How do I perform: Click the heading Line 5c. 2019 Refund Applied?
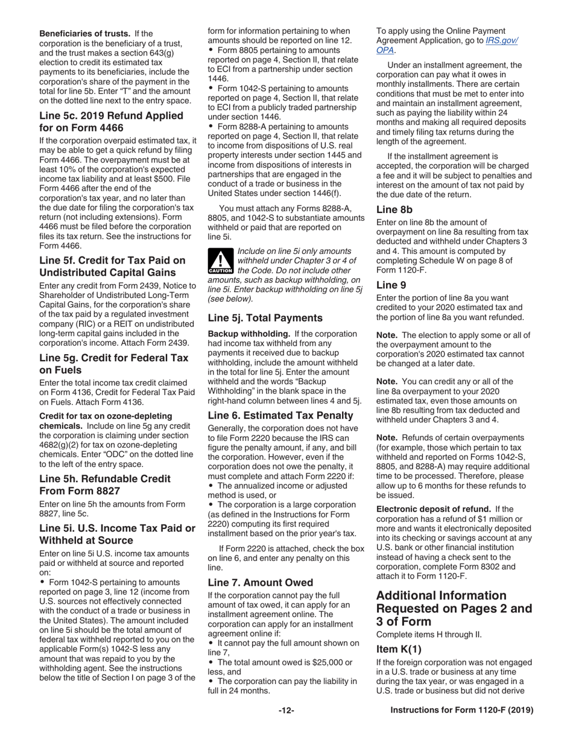[111, 121]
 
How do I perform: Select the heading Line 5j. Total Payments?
[265, 318]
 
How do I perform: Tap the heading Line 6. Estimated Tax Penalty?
[280, 415]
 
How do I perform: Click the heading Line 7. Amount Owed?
[260, 582]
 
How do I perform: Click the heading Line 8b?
[394, 209]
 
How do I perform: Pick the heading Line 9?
[390, 285]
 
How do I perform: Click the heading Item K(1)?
[399, 649]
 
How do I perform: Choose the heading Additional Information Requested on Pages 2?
[454, 608]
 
